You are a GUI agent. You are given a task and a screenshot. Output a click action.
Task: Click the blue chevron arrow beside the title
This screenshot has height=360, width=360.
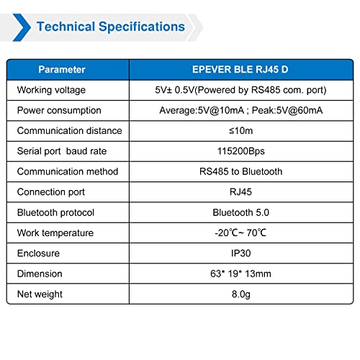tap(22, 27)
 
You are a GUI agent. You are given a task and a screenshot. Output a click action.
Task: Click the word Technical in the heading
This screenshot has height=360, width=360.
tap(66, 27)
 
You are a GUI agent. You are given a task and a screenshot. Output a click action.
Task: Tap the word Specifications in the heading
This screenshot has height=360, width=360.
tap(142, 27)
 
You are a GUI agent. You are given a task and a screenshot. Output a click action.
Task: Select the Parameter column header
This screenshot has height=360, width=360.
tap(62, 70)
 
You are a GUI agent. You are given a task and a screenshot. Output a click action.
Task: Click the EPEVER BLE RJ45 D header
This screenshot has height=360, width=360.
tap(240, 70)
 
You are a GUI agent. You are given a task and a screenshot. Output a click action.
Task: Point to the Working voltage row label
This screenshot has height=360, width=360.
tap(51, 90)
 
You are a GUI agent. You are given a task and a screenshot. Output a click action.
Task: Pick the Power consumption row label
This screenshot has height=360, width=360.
tap(59, 111)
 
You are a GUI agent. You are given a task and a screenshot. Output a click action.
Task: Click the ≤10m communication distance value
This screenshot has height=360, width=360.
tap(240, 131)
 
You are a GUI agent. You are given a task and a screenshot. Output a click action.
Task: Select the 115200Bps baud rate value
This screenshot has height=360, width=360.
tap(241, 151)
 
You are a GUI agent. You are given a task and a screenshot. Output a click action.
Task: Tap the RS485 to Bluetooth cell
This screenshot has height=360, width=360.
tap(240, 171)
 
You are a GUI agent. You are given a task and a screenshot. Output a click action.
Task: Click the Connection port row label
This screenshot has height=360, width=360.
tap(51, 192)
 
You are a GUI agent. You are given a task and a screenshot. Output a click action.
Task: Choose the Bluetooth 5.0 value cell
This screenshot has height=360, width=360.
tap(240, 212)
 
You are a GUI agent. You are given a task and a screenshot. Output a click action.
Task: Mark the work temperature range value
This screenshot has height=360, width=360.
tap(240, 233)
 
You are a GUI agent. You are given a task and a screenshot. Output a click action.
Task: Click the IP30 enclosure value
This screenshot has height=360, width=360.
tap(240, 253)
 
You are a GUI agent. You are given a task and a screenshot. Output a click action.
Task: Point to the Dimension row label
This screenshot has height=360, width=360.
tap(40, 274)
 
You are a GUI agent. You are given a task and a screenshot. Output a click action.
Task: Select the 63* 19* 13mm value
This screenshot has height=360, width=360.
tap(240, 274)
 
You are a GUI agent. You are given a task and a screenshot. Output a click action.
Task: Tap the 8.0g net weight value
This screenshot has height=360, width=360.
tap(241, 294)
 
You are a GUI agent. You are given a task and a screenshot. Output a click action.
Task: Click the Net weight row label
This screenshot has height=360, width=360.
tap(40, 294)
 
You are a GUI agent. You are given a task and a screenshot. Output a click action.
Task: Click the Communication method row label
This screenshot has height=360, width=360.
tap(68, 171)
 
